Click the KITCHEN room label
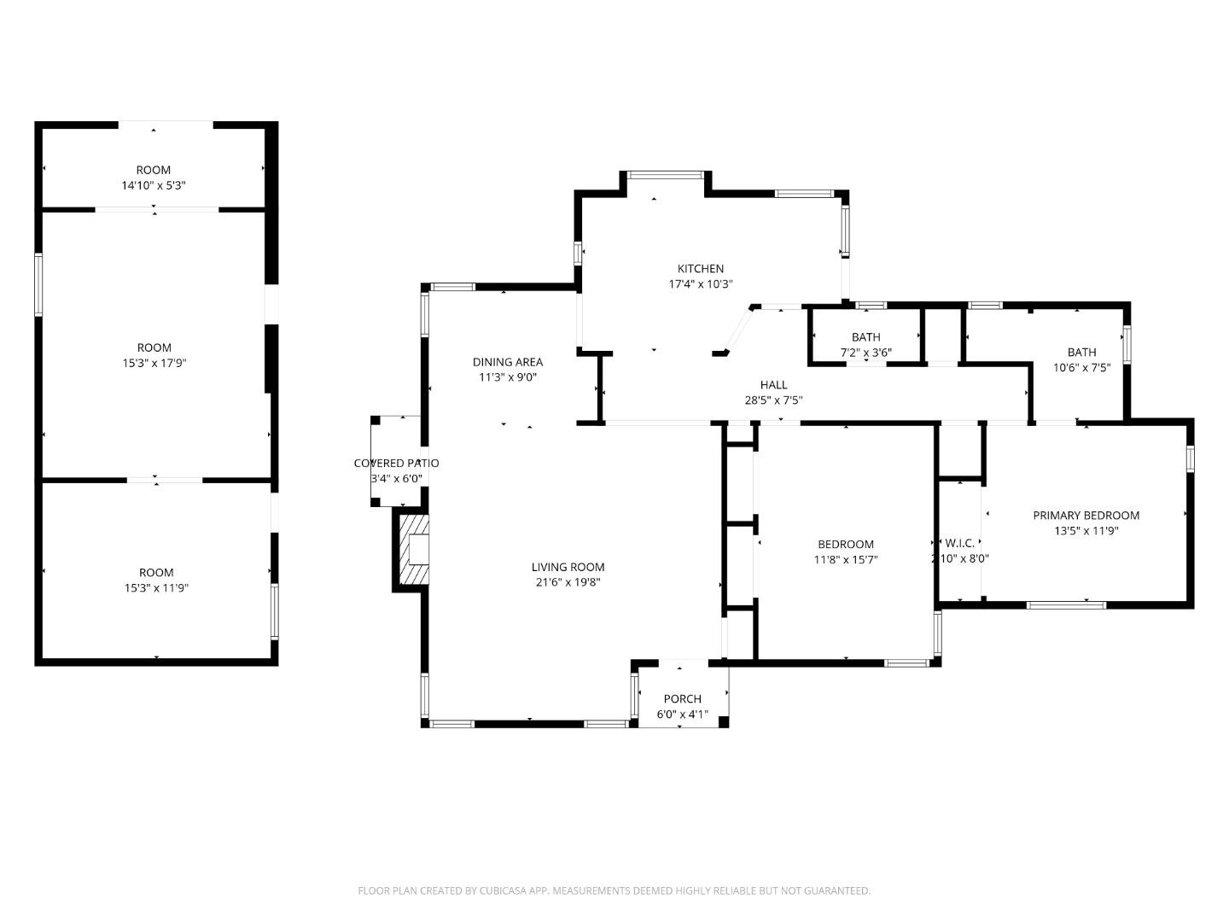coord(700,269)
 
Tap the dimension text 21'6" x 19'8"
coord(568,582)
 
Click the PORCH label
coord(682,699)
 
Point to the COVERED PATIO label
coord(396,464)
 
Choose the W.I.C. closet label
coord(959,543)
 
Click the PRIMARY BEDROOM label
coord(1086,516)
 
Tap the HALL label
coord(773,385)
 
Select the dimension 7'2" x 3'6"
coord(865,352)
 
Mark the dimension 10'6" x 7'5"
coord(1081,367)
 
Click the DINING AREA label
coord(507,362)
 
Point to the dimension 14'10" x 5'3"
coord(154,185)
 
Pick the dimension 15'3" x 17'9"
coord(154,363)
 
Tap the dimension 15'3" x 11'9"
coord(156,587)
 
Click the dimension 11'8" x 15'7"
coord(845,560)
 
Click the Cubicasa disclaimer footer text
coord(614,890)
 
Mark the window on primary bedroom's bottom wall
coord(1066,605)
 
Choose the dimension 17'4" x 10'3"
coord(700,284)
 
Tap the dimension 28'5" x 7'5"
coord(773,400)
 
